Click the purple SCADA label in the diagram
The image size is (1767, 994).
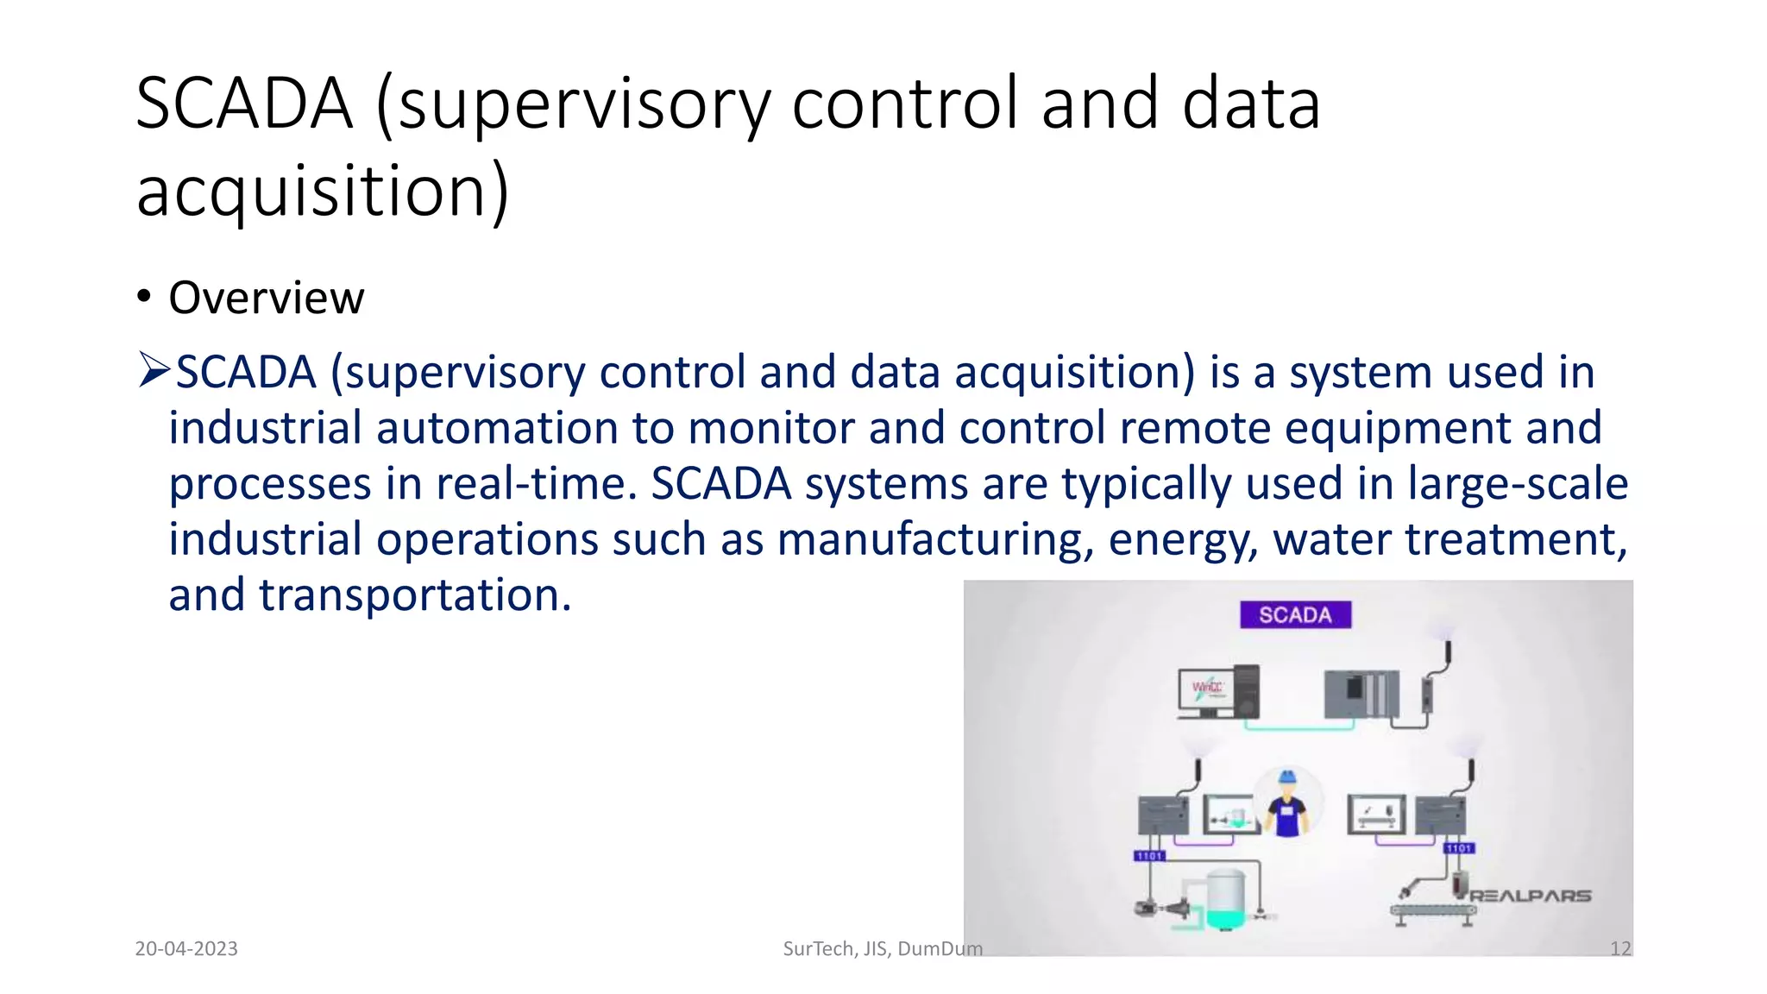pyautogui.click(x=1295, y=614)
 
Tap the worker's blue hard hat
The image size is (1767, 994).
pyautogui.click(x=1287, y=777)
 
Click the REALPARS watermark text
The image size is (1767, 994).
pyautogui.click(x=1530, y=896)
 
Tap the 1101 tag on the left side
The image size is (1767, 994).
pyautogui.click(x=1149, y=855)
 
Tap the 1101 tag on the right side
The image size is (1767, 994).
pyautogui.click(x=1459, y=848)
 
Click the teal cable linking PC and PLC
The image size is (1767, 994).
pyautogui.click(x=1299, y=727)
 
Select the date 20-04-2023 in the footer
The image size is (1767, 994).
pyautogui.click(x=186, y=948)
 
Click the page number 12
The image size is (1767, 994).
pyautogui.click(x=1620, y=948)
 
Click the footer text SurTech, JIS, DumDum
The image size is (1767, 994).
pyautogui.click(x=882, y=948)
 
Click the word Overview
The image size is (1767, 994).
pyautogui.click(x=267, y=298)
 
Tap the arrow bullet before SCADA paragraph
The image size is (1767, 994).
pyautogui.click(x=154, y=371)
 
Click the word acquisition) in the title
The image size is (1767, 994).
pyautogui.click(x=323, y=191)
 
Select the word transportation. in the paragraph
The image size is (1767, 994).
pyautogui.click(x=415, y=595)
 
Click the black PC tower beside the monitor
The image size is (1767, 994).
pyautogui.click(x=1247, y=690)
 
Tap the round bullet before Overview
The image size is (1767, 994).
pyautogui.click(x=144, y=298)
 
